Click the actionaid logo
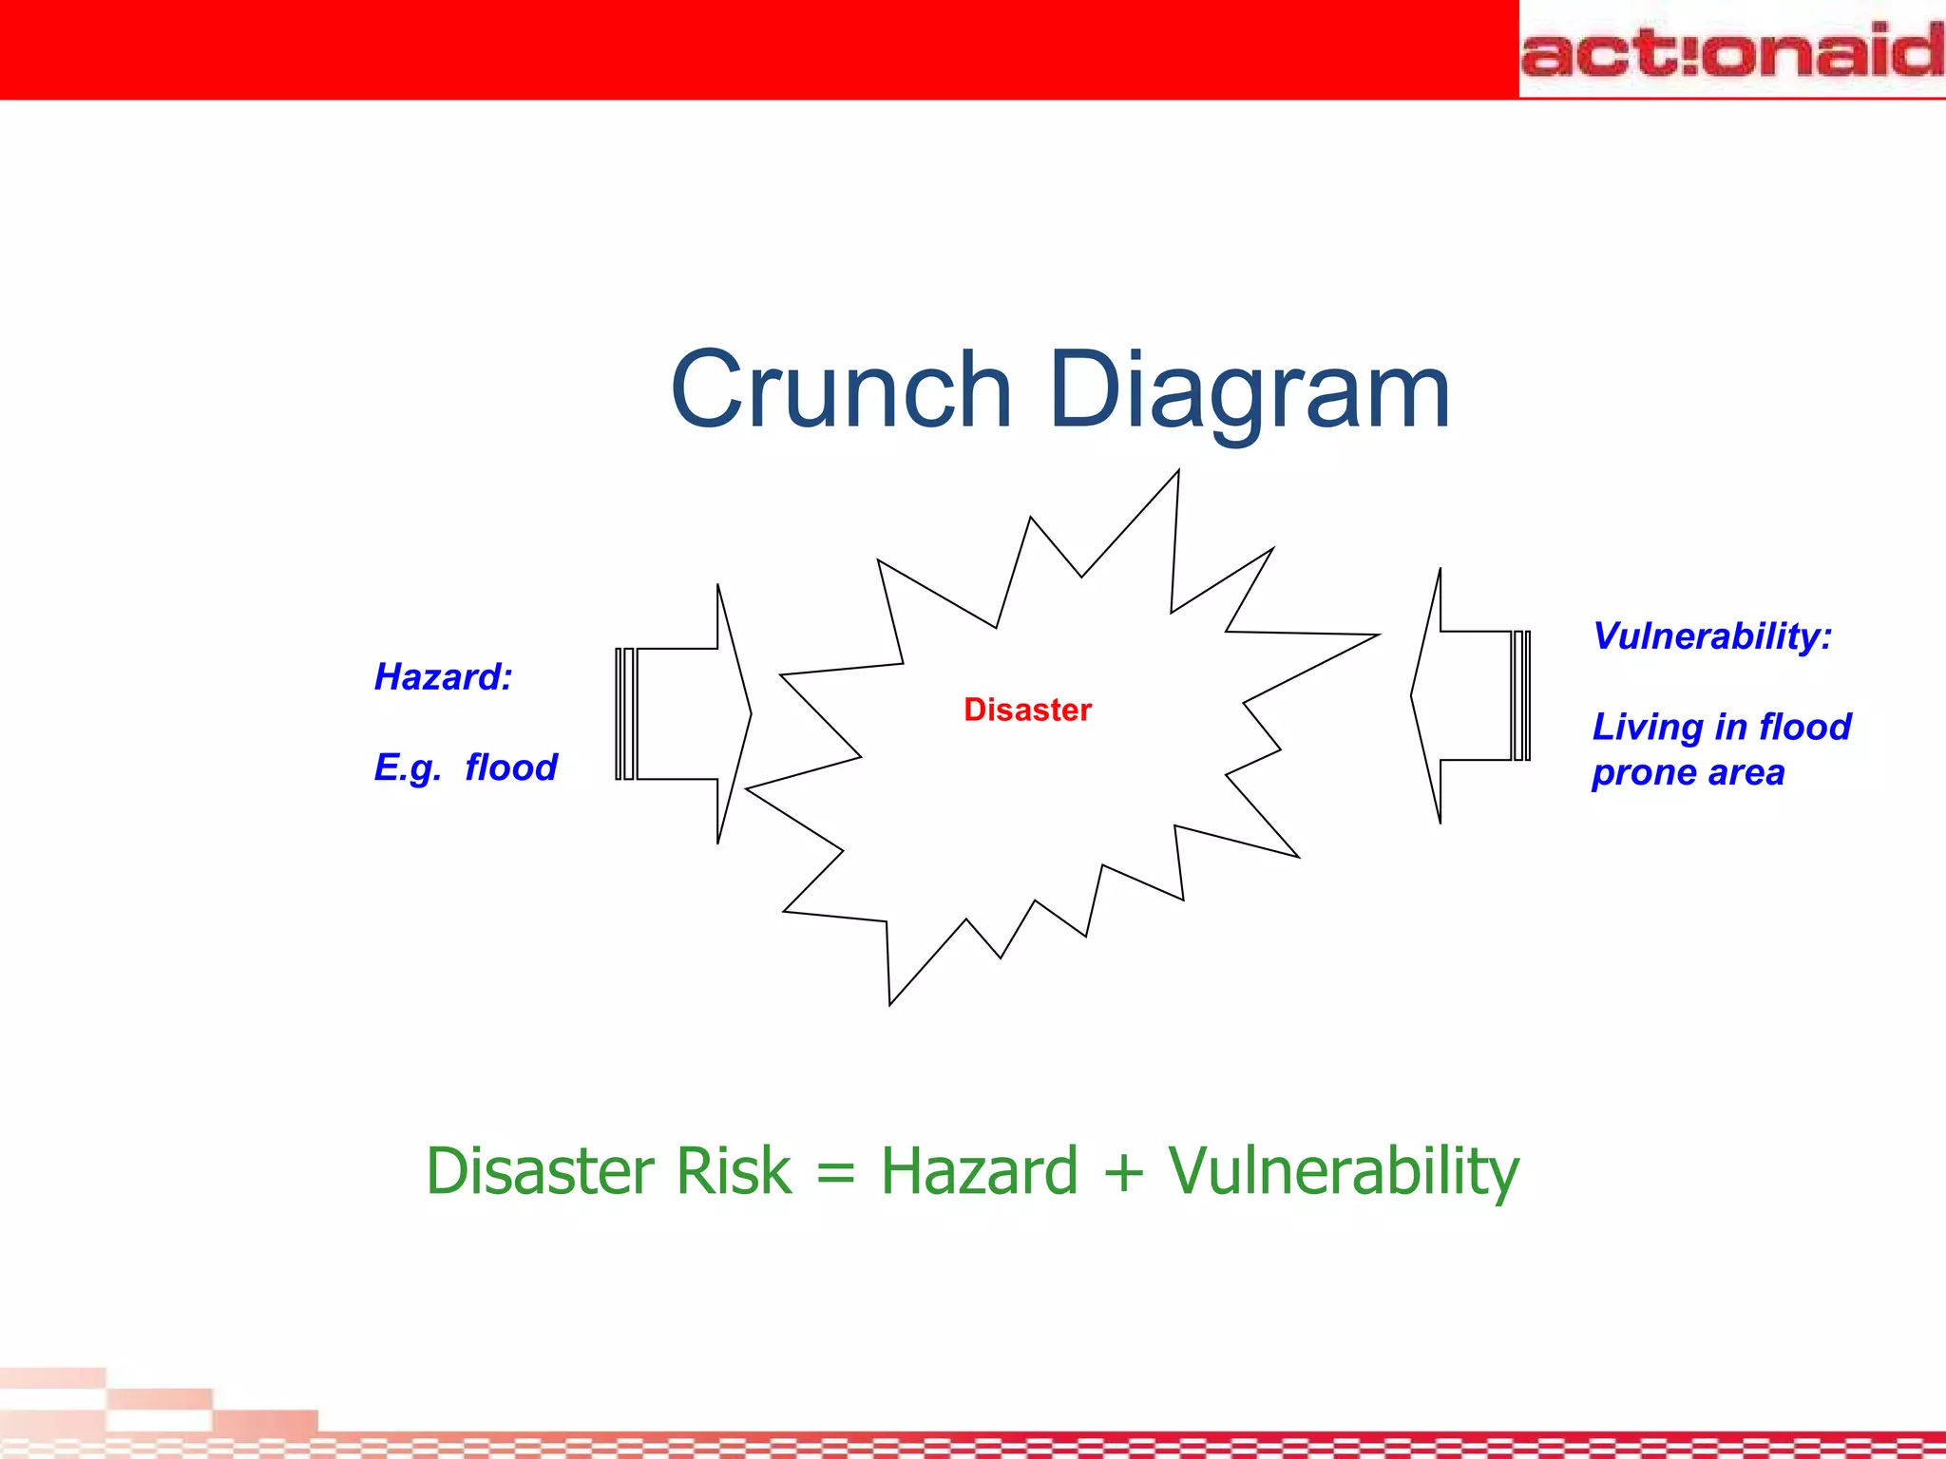tap(1731, 49)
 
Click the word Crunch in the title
tap(840, 390)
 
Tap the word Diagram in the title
tap(1249, 390)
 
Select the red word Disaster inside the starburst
tap(1027, 710)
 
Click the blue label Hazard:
tap(443, 677)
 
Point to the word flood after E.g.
tap(510, 767)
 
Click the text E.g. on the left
tap(407, 767)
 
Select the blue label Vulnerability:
tap(1711, 635)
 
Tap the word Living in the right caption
tap(1647, 727)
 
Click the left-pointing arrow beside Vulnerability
tap(1468, 695)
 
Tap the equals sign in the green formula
tap(835, 1172)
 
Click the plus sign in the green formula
tap(1123, 1172)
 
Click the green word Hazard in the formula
tap(979, 1170)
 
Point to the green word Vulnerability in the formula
tap(1344, 1170)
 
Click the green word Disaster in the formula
tap(541, 1170)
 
